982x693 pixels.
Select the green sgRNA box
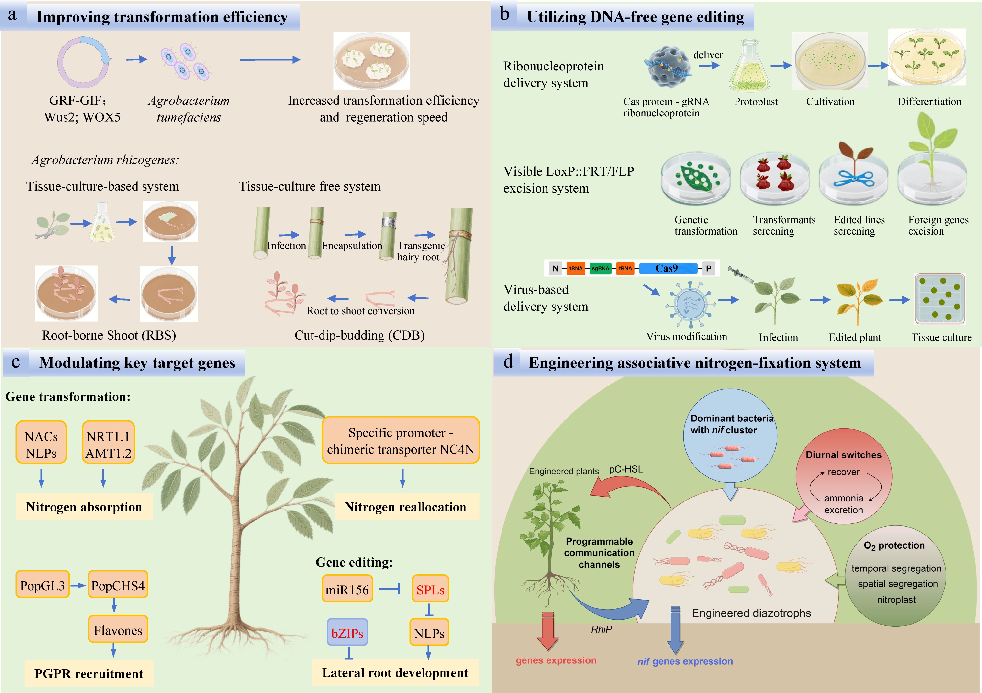coord(601,268)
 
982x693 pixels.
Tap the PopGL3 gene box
coord(42,585)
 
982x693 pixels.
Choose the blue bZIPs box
coord(347,633)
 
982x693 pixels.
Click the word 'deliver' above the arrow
coord(708,55)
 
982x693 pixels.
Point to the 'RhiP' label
coord(601,629)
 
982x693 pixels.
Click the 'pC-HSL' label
coord(626,469)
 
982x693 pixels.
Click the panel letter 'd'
coord(508,362)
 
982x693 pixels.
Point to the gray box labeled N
coord(555,268)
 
